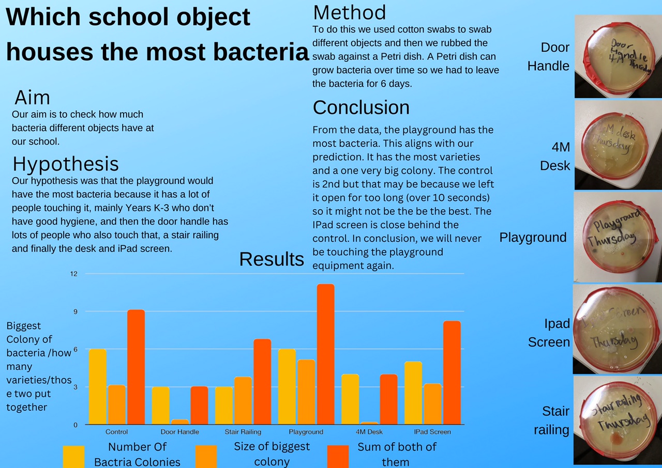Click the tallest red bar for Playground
pos(325,354)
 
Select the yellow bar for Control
pos(98,386)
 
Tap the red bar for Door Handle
pos(199,405)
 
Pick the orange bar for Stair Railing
pos(243,400)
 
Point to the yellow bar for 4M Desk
pos(350,399)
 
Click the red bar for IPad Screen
pos(452,372)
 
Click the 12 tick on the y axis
pos(74,274)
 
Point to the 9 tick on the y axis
pos(74,311)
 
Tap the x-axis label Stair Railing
pos(243,432)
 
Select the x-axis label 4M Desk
pos(369,432)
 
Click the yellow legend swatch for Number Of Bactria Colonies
pos(73,456)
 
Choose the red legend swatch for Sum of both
pos(338,456)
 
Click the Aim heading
pos(32,98)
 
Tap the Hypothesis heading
pos(66,164)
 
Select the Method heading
pos(350,12)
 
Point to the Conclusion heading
pos(361,107)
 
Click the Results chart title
pos(272,259)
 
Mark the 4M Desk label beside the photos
pos(555,156)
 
